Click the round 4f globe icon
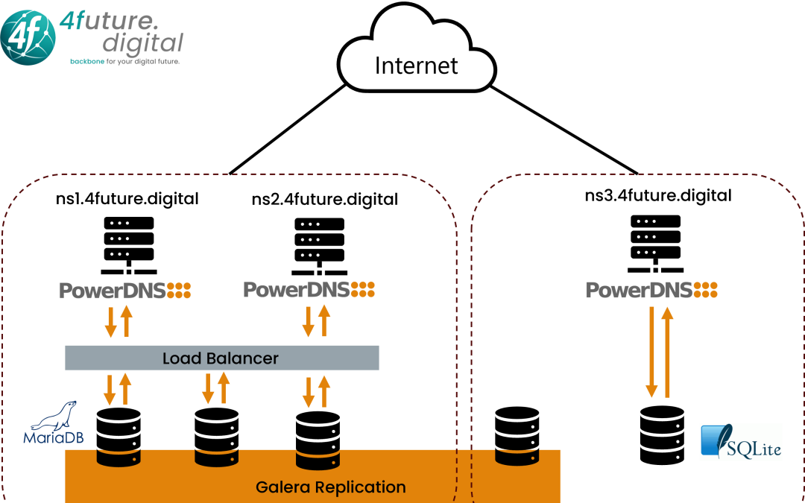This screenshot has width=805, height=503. [x=28, y=37]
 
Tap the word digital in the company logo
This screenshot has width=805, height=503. [x=142, y=42]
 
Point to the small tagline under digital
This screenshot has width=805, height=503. [x=124, y=61]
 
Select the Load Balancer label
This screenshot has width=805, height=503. [x=221, y=358]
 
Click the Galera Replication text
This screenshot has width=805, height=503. [x=330, y=487]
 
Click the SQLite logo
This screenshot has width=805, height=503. [x=740, y=442]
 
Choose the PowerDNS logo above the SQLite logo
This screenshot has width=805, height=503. [x=652, y=290]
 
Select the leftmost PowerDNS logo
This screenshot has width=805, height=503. [x=125, y=291]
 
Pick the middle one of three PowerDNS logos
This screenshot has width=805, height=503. [x=309, y=289]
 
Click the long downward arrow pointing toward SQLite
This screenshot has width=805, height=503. [x=651, y=351]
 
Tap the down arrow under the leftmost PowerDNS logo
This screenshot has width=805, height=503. [x=110, y=321]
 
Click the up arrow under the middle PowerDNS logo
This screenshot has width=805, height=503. [x=324, y=321]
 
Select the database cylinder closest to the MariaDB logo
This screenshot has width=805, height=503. [x=119, y=457]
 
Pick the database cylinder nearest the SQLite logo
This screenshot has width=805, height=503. [x=517, y=455]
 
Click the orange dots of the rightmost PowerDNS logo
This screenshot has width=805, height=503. [x=705, y=290]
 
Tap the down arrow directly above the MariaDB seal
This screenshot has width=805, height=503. [x=110, y=389]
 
